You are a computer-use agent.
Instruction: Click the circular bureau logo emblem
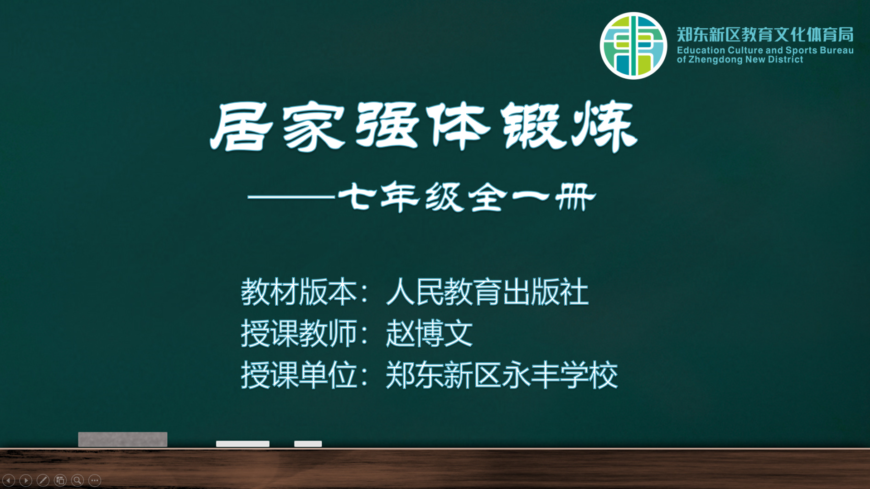tap(633, 46)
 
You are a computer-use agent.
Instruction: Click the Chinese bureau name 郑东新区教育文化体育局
tap(765, 34)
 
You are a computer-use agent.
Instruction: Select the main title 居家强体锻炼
tap(424, 126)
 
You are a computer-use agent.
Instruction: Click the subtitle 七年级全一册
tap(467, 197)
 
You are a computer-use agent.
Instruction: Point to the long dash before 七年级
tap(291, 197)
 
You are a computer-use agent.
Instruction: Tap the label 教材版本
tap(299, 292)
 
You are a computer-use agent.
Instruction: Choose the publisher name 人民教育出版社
tap(487, 292)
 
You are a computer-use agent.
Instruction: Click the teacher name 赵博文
tap(429, 333)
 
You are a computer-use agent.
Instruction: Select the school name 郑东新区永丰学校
tap(502, 375)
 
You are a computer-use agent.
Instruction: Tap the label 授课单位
tap(299, 375)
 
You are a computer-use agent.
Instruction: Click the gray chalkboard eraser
tap(123, 439)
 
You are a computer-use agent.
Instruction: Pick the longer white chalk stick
tap(243, 444)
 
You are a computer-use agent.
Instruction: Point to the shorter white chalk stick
tap(308, 444)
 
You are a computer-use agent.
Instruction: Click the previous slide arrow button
tap(9, 480)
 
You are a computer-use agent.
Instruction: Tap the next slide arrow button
tap(26, 480)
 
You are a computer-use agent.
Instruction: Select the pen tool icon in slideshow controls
tap(43, 480)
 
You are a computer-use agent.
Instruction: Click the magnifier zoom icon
tap(77, 480)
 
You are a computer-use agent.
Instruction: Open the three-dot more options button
tap(95, 480)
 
